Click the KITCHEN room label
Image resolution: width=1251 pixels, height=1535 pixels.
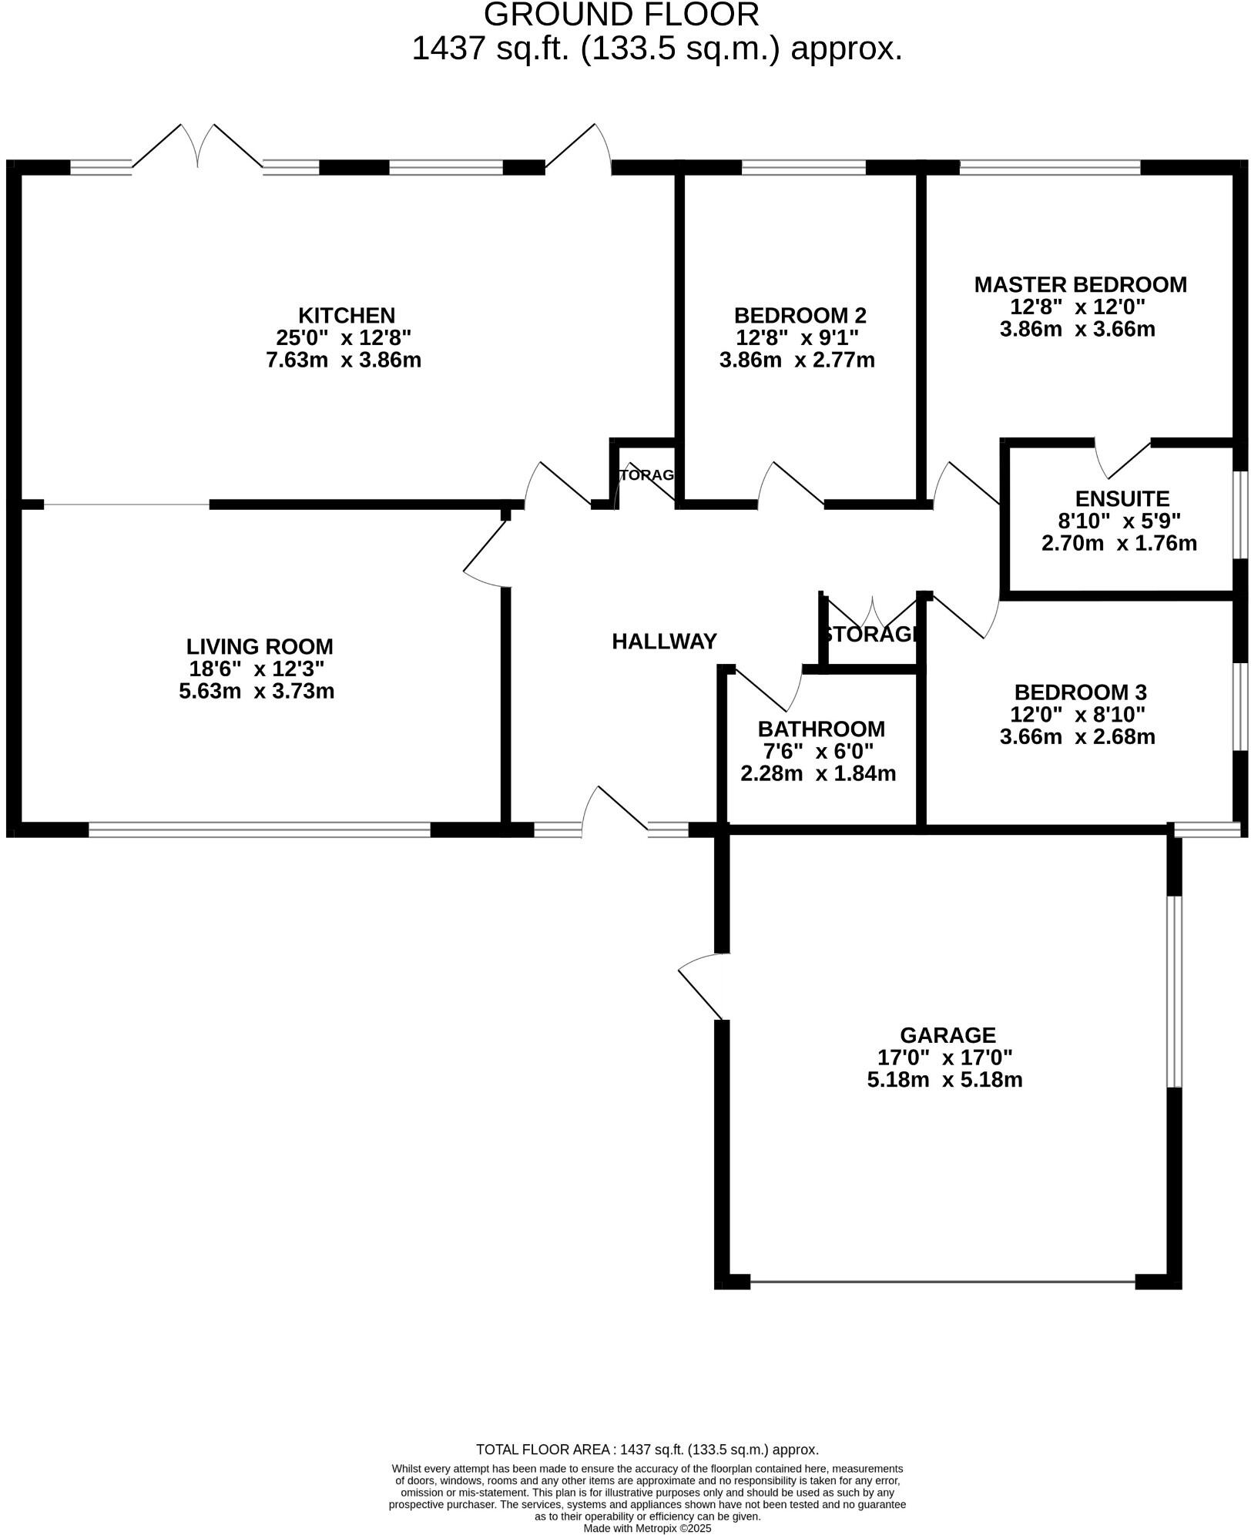pos(346,315)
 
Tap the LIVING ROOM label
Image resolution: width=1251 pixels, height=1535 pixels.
pos(260,646)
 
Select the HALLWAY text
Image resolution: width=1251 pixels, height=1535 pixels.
pos(664,641)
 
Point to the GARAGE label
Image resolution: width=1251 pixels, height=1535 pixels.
pos(947,1034)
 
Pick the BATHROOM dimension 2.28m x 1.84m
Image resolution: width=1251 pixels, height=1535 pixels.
pos(818,773)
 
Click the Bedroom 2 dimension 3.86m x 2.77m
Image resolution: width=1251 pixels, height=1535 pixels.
pos(797,360)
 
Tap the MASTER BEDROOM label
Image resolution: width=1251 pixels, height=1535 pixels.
pos(1080,284)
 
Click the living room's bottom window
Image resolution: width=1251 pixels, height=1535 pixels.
pos(259,830)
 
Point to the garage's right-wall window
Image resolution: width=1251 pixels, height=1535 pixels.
pos(1174,991)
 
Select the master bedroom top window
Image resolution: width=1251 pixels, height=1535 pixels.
pos(1049,167)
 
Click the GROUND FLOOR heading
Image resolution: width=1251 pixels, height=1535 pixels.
pos(621,14)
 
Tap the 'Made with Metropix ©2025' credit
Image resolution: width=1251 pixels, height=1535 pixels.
pos(647,1528)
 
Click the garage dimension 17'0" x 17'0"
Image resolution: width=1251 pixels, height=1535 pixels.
pos(944,1057)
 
